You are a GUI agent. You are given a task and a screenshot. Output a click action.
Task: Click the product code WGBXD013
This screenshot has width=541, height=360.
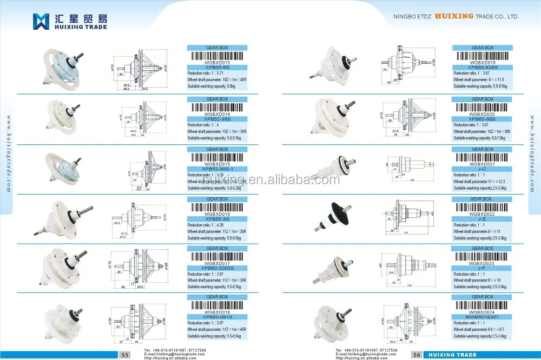(x=217, y=62)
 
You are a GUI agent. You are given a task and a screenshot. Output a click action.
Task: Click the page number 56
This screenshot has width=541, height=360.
(x=417, y=355)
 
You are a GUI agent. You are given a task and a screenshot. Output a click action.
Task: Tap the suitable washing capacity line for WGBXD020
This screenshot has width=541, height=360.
(x=479, y=138)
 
